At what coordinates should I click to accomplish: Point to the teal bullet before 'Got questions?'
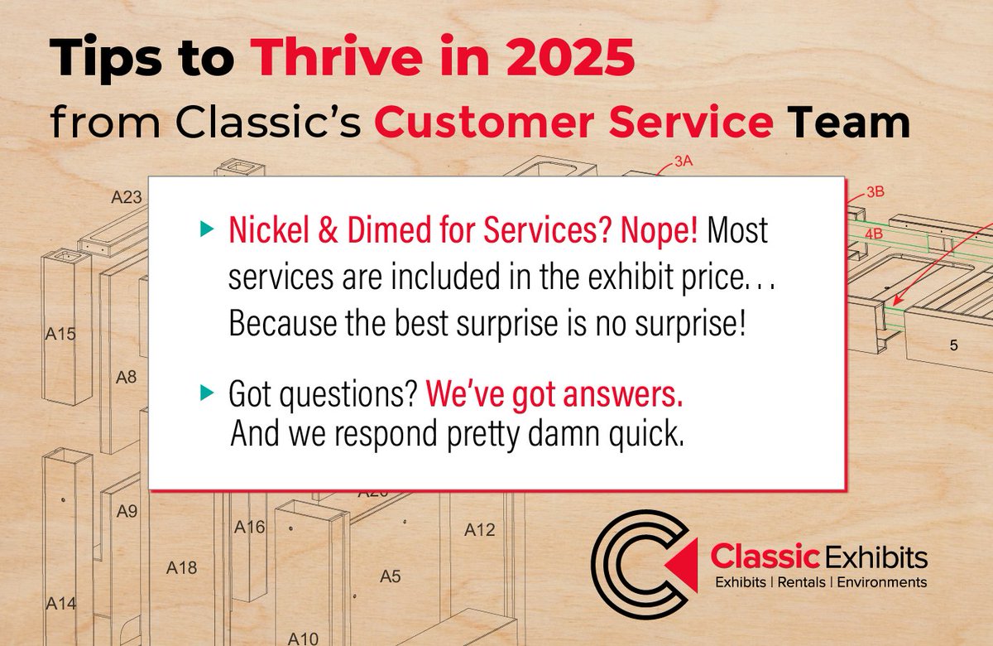pyautogui.click(x=205, y=396)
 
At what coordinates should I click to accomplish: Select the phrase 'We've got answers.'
pyautogui.click(x=554, y=397)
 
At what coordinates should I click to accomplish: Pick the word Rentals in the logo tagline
pyautogui.click(x=803, y=582)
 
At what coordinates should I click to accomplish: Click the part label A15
pyautogui.click(x=60, y=335)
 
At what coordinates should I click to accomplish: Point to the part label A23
pyautogui.click(x=127, y=198)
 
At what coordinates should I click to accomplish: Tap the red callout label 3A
pyautogui.click(x=683, y=162)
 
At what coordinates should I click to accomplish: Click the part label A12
pyautogui.click(x=479, y=529)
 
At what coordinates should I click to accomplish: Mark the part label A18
pyautogui.click(x=181, y=567)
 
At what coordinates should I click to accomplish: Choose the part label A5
pyautogui.click(x=390, y=576)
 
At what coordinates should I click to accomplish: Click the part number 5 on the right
pyautogui.click(x=953, y=345)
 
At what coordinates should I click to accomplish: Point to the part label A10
pyautogui.click(x=304, y=638)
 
